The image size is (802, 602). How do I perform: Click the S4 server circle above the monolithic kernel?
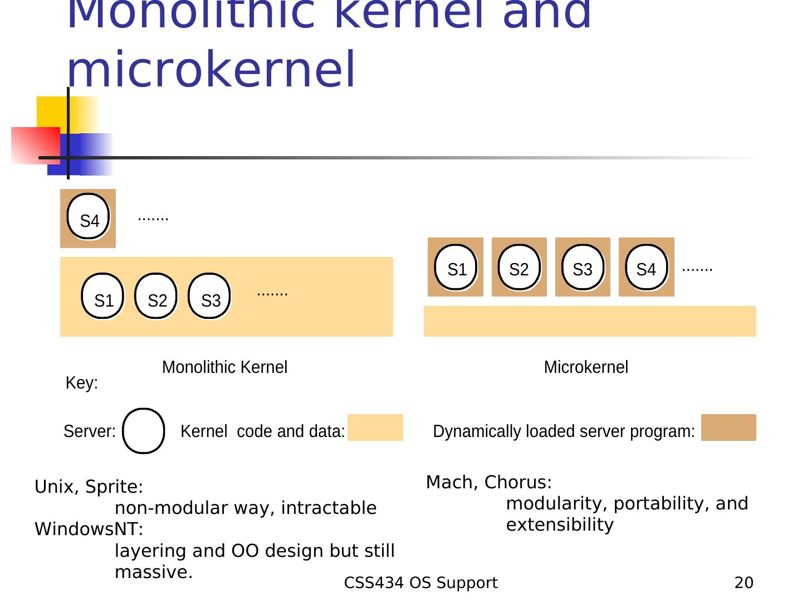(88, 217)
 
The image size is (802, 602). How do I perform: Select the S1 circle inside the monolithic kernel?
(102, 296)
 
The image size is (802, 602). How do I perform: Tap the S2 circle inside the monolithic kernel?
(156, 296)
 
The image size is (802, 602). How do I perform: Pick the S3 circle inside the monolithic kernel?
(209, 296)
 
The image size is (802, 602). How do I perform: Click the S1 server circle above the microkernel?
(456, 267)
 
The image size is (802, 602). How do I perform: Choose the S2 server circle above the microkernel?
(519, 267)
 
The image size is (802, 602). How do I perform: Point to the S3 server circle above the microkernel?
(583, 267)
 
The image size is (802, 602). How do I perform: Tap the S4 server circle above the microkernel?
(646, 267)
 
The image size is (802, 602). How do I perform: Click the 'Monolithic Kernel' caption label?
(224, 367)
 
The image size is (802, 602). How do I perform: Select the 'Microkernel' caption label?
(586, 367)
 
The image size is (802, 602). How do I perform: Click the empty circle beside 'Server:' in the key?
(144, 431)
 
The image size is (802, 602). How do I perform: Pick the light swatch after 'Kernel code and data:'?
(375, 428)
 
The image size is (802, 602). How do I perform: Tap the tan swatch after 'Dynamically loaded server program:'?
(728, 428)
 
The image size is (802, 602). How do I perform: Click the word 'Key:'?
(82, 383)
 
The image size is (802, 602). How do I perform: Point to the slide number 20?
(744, 583)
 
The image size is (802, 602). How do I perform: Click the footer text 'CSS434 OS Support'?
(421, 583)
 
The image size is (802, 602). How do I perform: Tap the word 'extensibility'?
(560, 525)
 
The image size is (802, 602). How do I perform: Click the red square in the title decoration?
(35, 145)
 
